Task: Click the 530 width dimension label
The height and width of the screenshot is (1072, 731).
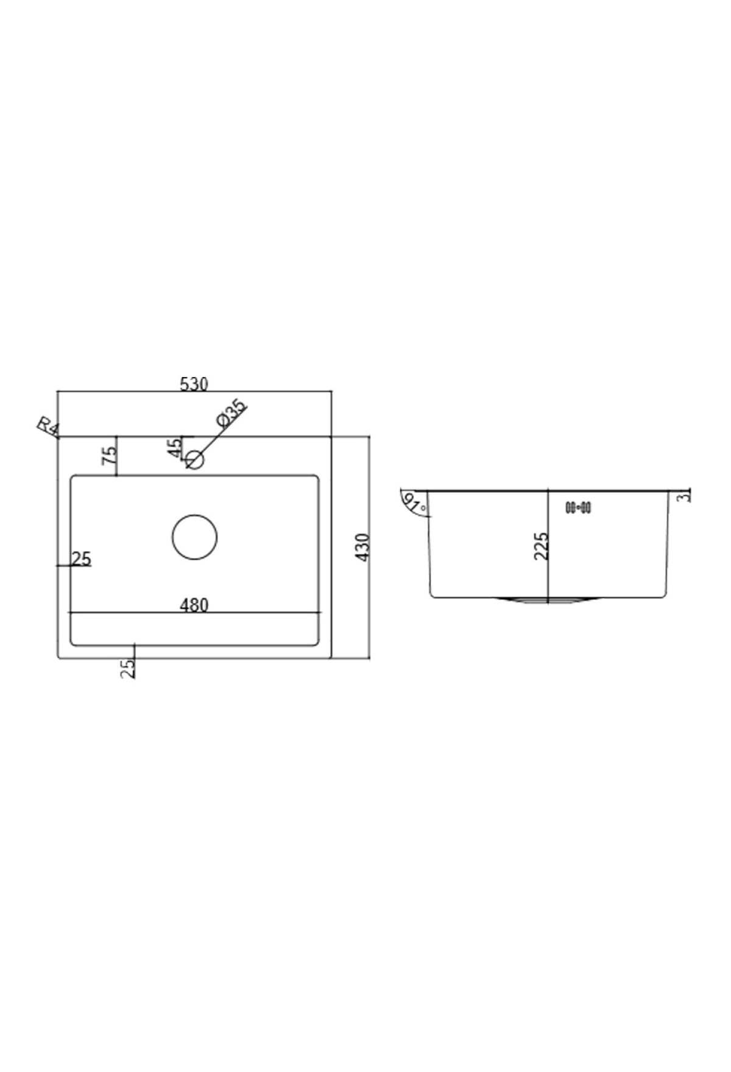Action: coord(194,384)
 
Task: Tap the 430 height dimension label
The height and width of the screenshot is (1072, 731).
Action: coord(362,547)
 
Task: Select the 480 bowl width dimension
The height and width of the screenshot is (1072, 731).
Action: coord(194,605)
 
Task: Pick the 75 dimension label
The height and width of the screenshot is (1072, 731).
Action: coord(110,455)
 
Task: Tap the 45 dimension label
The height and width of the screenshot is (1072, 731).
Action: coord(175,448)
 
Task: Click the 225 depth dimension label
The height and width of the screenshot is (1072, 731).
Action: coord(541,546)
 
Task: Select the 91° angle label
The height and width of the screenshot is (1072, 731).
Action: coord(414,503)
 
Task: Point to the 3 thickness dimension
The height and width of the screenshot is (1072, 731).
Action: coord(686,497)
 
